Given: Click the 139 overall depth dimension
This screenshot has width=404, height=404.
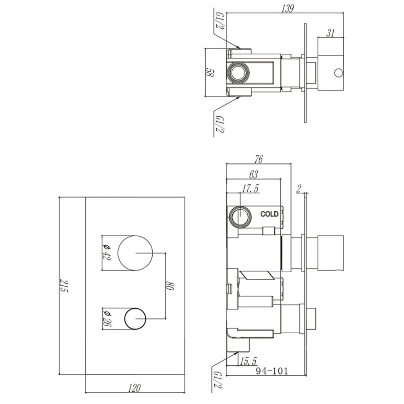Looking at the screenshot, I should pyautogui.click(x=286, y=9).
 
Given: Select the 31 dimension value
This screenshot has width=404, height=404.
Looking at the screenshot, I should pyautogui.click(x=330, y=33).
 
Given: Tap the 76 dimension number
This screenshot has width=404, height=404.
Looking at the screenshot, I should pyautogui.click(x=259, y=159).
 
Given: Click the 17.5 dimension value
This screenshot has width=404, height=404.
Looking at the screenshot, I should pyautogui.click(x=250, y=189).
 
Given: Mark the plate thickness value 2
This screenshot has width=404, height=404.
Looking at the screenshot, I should pyautogui.click(x=299, y=187).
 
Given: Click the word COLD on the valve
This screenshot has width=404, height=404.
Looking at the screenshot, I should pyautogui.click(x=269, y=214).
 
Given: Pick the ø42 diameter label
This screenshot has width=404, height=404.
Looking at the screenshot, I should pyautogui.click(x=106, y=252).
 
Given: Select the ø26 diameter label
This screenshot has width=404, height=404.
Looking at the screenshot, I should pyautogui.click(x=106, y=319).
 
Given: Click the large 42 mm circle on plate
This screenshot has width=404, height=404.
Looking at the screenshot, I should pyautogui.click(x=135, y=252).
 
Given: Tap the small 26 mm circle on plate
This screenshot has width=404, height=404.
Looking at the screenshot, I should pyautogui.click(x=135, y=318).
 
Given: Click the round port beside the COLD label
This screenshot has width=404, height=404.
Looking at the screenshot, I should pyautogui.click(x=240, y=217).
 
